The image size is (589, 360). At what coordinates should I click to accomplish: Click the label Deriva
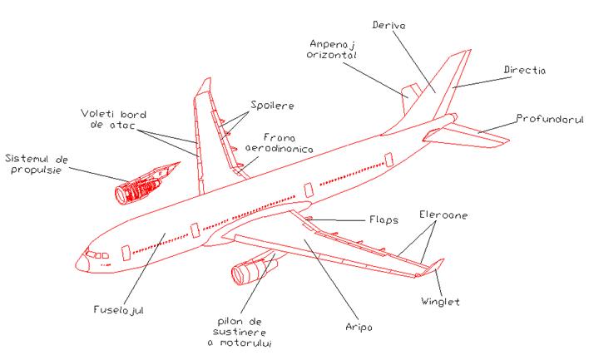pos(389,25)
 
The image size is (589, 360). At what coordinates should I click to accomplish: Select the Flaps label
pos(384,221)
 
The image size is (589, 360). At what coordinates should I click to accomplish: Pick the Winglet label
pos(440,302)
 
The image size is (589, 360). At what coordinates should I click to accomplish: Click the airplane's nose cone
pos(81,264)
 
